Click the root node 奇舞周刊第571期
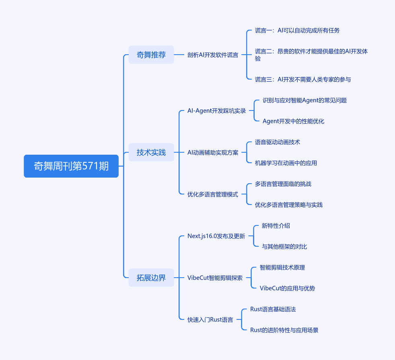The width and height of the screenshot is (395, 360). (x=71, y=166)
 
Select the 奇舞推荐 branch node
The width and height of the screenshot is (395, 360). (x=151, y=55)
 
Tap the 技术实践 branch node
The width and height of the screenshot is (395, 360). (x=151, y=152)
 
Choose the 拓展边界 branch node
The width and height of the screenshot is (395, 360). (x=151, y=278)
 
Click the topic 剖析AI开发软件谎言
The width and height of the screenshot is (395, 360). (x=213, y=55)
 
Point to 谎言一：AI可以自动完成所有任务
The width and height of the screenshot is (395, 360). (x=297, y=30)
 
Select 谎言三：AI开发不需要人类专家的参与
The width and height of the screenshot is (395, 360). (x=303, y=79)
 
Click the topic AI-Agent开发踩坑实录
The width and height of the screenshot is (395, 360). (x=216, y=110)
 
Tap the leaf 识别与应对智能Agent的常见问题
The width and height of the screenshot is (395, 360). (x=304, y=100)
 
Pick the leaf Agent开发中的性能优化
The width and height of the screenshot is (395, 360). (x=293, y=121)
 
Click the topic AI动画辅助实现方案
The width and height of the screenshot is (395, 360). (x=213, y=152)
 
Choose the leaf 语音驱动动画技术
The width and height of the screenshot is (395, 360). (x=278, y=142)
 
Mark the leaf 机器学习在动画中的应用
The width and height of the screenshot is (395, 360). (x=286, y=163)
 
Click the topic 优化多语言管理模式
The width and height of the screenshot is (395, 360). (x=213, y=194)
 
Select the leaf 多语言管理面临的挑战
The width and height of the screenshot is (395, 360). (x=283, y=184)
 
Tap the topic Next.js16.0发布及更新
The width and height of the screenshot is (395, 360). (x=216, y=236)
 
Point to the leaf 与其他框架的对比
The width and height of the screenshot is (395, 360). (x=284, y=246)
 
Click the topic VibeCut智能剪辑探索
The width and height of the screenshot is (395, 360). (x=215, y=278)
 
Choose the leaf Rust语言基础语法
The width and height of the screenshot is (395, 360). (x=273, y=309)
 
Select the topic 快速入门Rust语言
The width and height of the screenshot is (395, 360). (x=210, y=320)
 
